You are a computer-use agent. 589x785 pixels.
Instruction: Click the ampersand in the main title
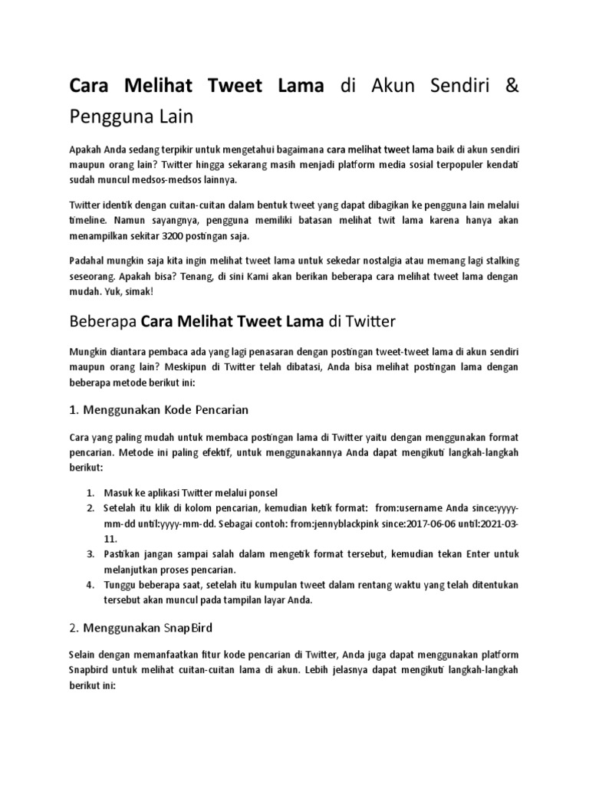click(x=512, y=85)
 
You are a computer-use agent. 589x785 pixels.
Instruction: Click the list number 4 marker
click(x=90, y=585)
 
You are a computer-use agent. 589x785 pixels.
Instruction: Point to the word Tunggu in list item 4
click(x=122, y=585)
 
